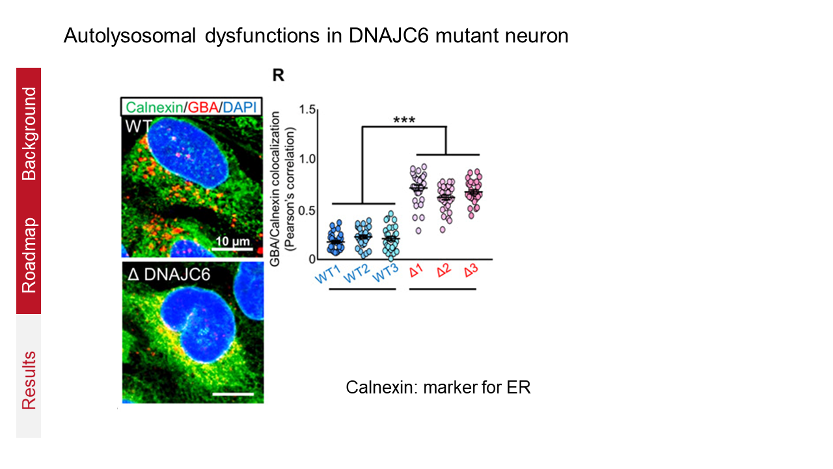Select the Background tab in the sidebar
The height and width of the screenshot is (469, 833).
29,133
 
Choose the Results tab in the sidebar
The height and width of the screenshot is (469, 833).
29,380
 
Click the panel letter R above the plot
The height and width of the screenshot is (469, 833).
278,76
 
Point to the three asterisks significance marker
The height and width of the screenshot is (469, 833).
403,120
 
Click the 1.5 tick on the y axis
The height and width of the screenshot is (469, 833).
288,110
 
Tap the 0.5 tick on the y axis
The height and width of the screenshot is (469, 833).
288,210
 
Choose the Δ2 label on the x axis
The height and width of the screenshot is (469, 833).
445,270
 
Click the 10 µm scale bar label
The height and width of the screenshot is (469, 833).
232,243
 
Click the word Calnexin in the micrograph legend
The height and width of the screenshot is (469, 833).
146,107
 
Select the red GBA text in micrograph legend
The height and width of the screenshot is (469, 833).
195,107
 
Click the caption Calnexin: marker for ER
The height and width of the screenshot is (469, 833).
438,388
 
